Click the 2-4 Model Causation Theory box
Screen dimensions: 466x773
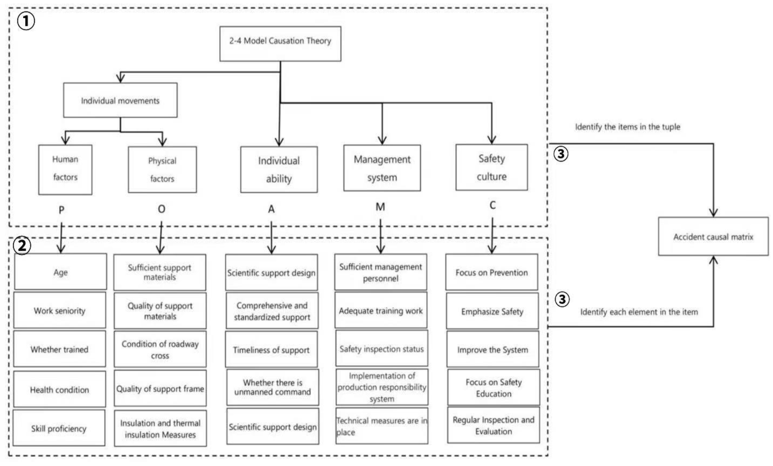[x=280, y=44]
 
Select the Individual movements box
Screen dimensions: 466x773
[x=120, y=100]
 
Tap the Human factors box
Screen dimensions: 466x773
[x=65, y=169]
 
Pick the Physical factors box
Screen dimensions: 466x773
[x=162, y=170]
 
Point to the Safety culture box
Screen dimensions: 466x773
[x=491, y=167]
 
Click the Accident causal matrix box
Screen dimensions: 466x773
[x=713, y=237]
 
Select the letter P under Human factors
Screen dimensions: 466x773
[x=61, y=210]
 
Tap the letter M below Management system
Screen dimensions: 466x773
[x=380, y=207]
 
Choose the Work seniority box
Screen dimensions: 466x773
[x=60, y=310]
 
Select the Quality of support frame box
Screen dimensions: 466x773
[x=160, y=388]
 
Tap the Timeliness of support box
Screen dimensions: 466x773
[x=271, y=350]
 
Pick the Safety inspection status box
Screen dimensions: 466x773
[x=382, y=349]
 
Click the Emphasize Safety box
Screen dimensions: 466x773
[x=492, y=311]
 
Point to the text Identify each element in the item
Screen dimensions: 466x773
[x=639, y=312]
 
